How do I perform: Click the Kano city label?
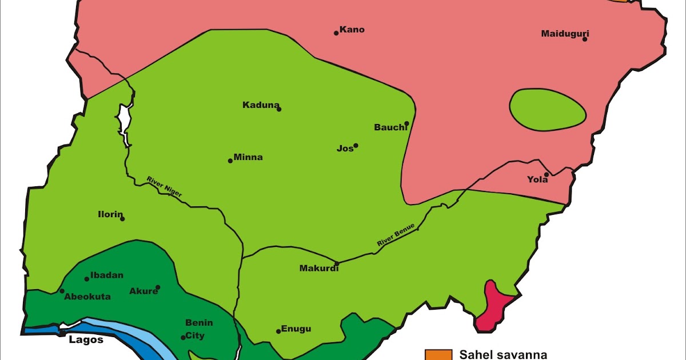tap(352, 30)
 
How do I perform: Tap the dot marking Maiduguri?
tap(585, 39)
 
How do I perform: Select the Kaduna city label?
tap(260, 105)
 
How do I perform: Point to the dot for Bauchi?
tap(406, 123)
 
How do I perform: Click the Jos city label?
tap(345, 149)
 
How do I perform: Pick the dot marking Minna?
tap(230, 161)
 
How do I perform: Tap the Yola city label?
tap(537, 180)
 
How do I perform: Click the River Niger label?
tap(165, 187)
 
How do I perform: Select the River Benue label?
tap(396, 235)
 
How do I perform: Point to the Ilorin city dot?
tap(122, 219)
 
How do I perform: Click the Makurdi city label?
tap(319, 269)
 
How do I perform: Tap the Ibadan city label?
tap(107, 275)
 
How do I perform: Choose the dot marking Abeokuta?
tap(62, 291)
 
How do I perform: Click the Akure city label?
tap(143, 291)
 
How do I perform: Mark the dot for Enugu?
tap(278, 331)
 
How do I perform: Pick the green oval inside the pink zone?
tap(547, 109)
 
